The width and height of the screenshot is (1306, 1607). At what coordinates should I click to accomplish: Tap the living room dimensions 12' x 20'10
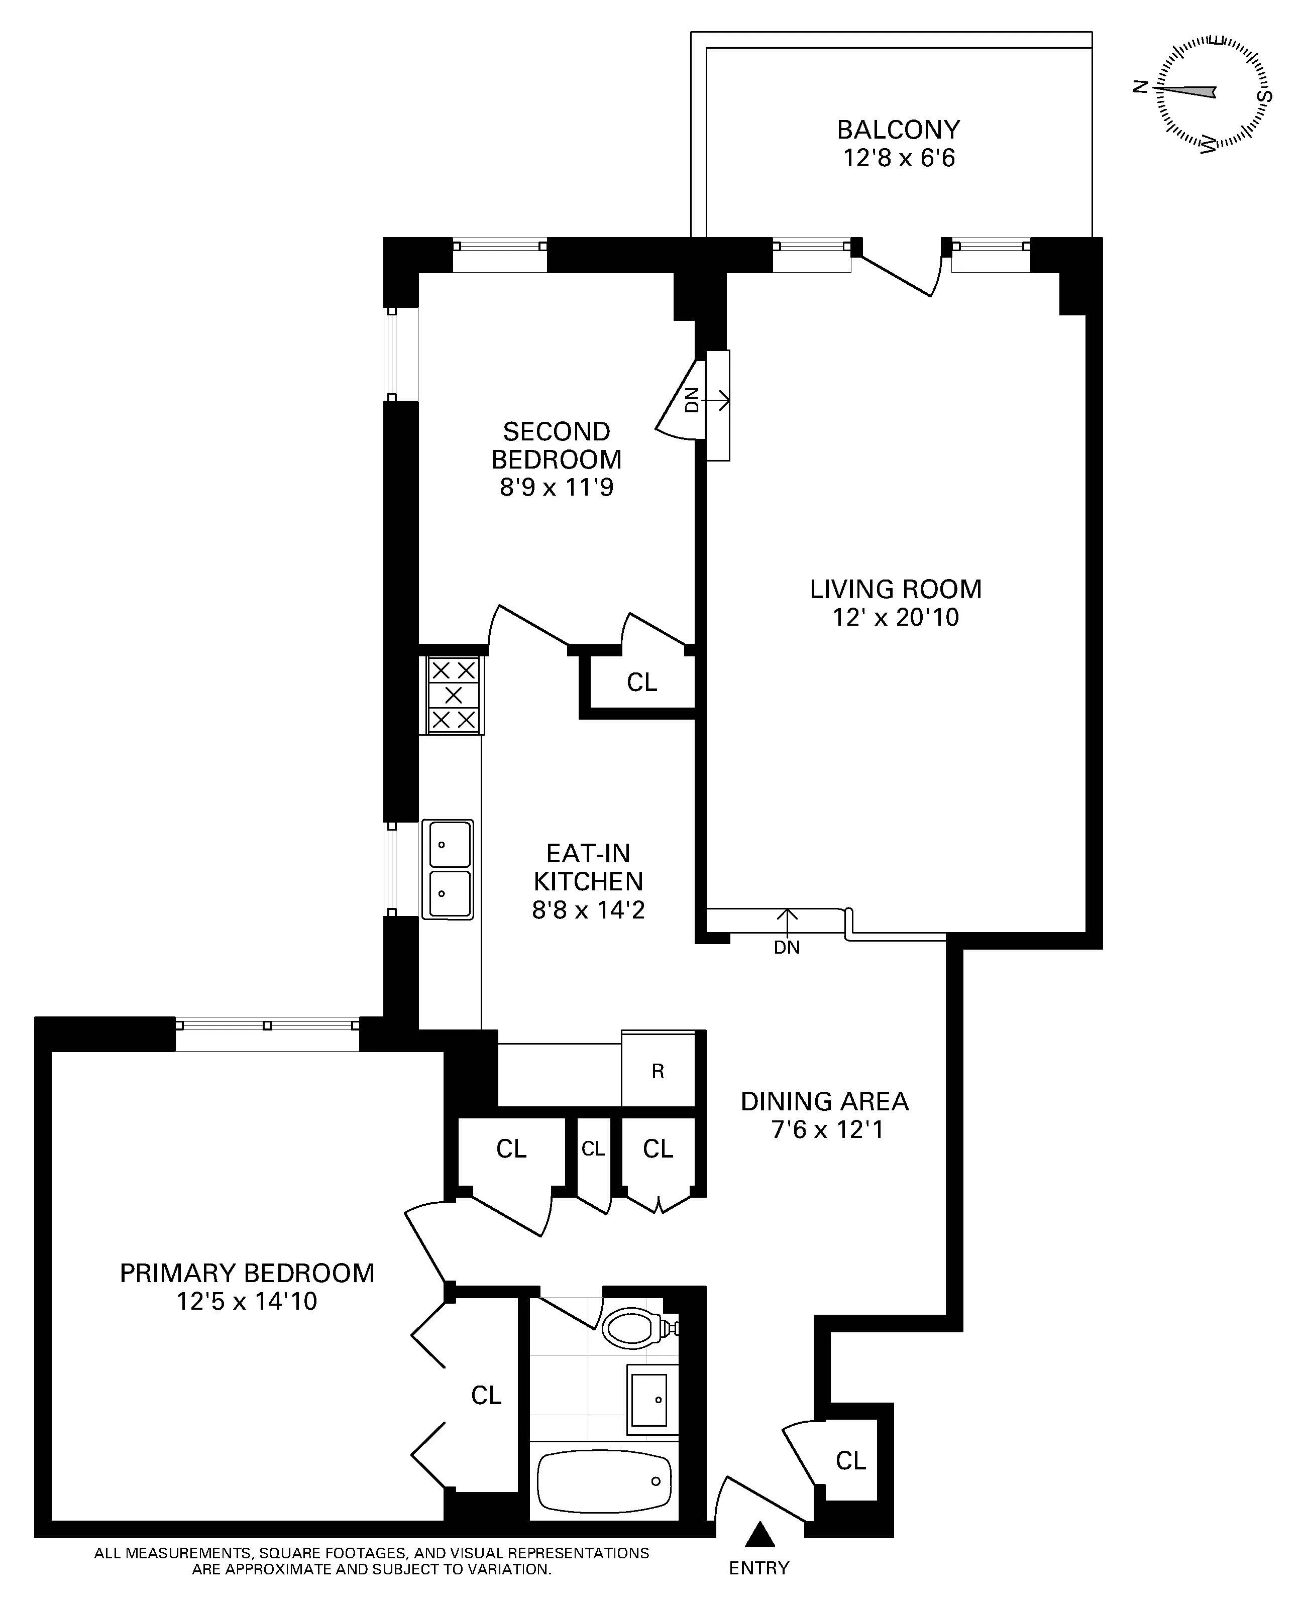(895, 617)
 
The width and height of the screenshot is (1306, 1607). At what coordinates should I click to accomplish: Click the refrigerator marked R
(658, 1072)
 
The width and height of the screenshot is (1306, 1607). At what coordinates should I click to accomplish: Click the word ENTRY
(759, 1568)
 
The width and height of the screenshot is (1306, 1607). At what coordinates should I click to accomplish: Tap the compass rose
(1211, 92)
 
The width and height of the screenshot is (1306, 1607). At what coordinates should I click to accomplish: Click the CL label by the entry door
(851, 1460)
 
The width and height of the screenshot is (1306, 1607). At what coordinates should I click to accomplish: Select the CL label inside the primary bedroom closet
(486, 1395)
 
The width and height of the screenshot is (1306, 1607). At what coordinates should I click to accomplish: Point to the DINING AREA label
(824, 1101)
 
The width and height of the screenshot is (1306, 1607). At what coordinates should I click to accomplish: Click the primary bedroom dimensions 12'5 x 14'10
(247, 1301)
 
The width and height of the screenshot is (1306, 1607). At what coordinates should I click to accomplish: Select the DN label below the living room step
(787, 948)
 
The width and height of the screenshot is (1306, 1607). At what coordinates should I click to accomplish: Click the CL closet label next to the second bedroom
(642, 682)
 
